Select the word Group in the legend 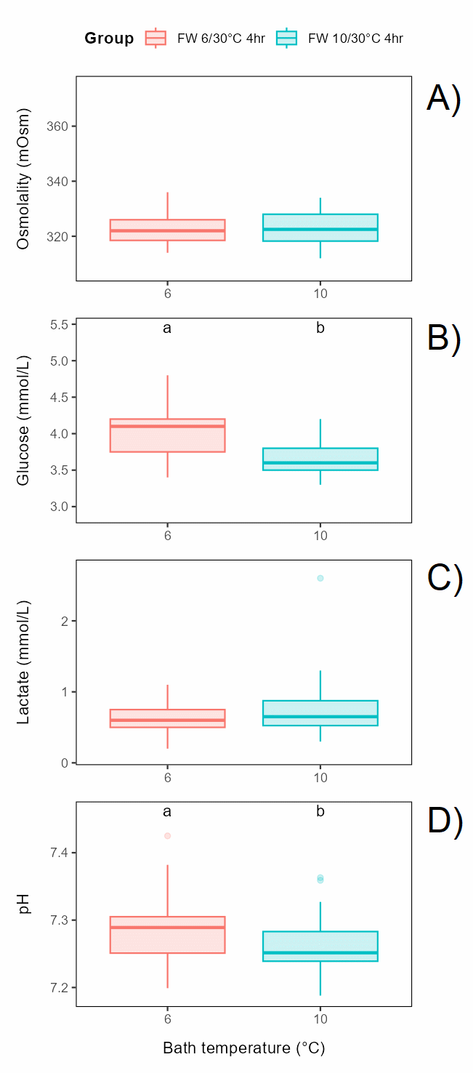point(109,39)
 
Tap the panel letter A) point(443,99)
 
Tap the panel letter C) point(444,579)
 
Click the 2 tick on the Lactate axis point(64,621)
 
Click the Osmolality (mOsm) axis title point(24,179)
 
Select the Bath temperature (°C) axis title point(243,1048)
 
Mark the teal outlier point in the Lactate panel point(320,578)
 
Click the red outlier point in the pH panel point(168,836)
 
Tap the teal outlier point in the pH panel point(320,879)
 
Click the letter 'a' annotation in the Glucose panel point(167,328)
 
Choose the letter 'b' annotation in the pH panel point(320,811)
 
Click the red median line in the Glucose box point(168,426)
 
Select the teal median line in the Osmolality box point(320,229)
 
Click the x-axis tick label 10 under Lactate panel point(320,777)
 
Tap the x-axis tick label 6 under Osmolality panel point(168,293)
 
